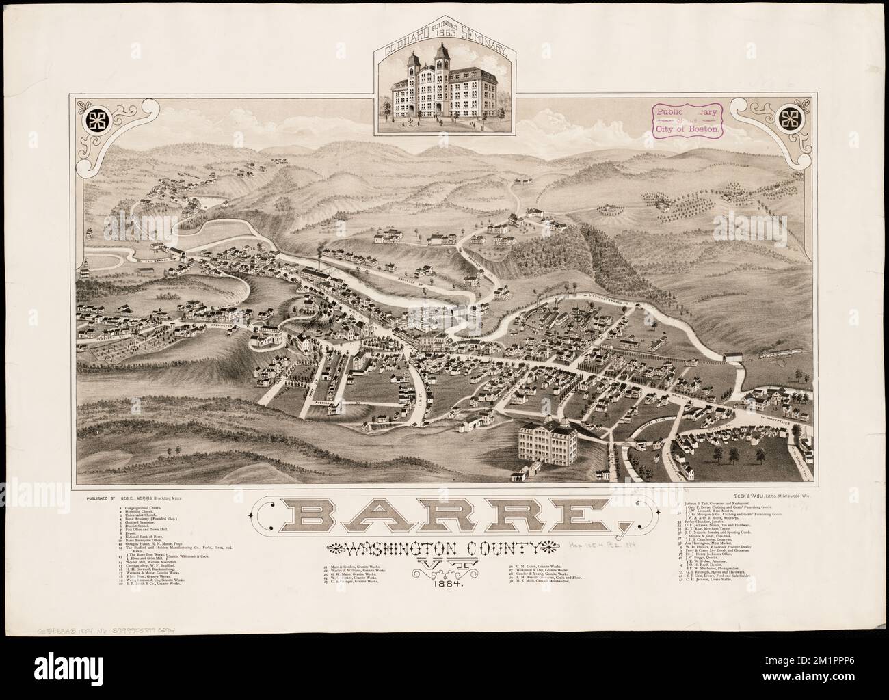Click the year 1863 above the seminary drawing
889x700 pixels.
tap(444, 58)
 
